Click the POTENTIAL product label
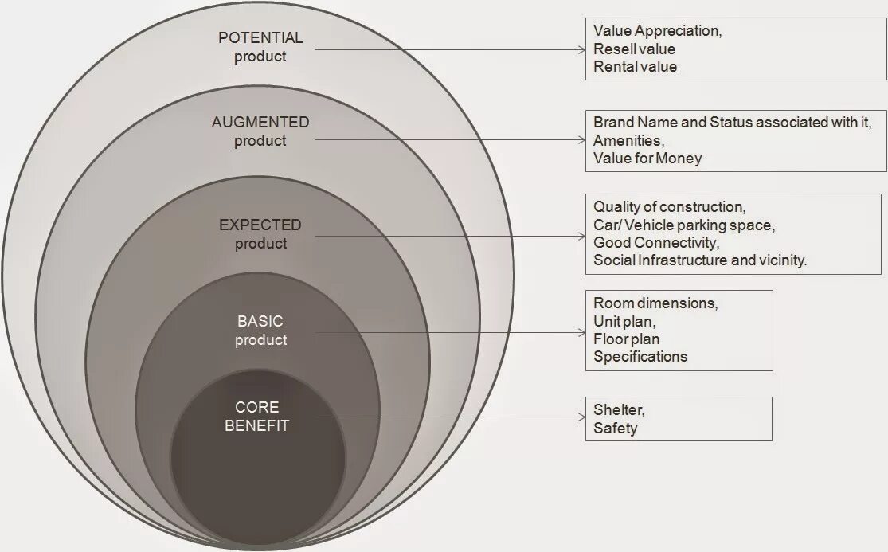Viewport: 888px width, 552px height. pyautogui.click(x=260, y=47)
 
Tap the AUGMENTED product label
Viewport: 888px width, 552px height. pyautogui.click(x=260, y=131)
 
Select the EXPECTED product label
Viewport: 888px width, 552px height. pyautogui.click(x=260, y=234)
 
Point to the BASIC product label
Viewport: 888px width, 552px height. pyautogui.click(x=260, y=331)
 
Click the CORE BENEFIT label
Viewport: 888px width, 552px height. pyautogui.click(x=256, y=417)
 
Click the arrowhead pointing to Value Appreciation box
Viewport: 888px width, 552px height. pyautogui.click(x=581, y=49)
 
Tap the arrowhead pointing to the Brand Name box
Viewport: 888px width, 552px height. pyautogui.click(x=581, y=140)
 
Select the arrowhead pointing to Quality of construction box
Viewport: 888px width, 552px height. pyautogui.click(x=581, y=236)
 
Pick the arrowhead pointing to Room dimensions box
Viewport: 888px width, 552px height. pyautogui.click(x=581, y=332)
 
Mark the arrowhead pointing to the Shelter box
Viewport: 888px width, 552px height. pyautogui.click(x=581, y=417)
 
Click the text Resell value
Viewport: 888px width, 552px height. pyautogui.click(x=634, y=49)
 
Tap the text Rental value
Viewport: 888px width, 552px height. pyautogui.click(x=635, y=67)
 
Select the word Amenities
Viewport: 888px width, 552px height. pyautogui.click(x=628, y=140)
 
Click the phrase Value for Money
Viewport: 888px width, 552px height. pyautogui.click(x=647, y=158)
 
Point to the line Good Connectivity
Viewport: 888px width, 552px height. pyautogui.click(x=655, y=243)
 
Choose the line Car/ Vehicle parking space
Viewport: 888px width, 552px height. pyautogui.click(x=682, y=225)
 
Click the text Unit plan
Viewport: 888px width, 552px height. pyautogui.click(x=624, y=322)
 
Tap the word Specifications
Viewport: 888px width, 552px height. pyautogui.click(x=640, y=357)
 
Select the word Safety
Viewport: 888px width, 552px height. pyautogui.click(x=615, y=429)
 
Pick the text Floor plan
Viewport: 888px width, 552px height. pyautogui.click(x=626, y=339)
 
